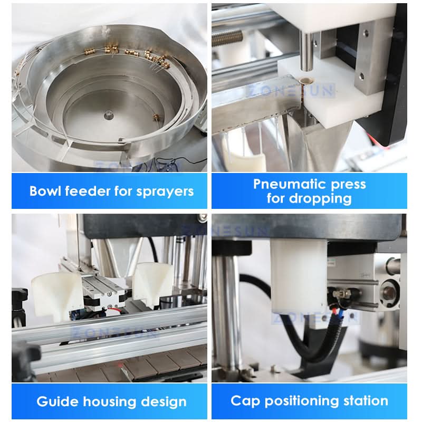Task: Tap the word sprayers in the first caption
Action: (x=165, y=192)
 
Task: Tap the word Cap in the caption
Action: (x=245, y=401)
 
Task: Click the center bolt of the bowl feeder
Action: (x=109, y=114)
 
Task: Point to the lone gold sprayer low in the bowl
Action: (x=157, y=117)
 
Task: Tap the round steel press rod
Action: (x=306, y=51)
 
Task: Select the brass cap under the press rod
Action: (x=306, y=80)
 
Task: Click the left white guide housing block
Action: (x=56, y=296)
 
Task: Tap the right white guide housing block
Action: (x=152, y=285)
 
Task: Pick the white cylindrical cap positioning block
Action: (x=299, y=277)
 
